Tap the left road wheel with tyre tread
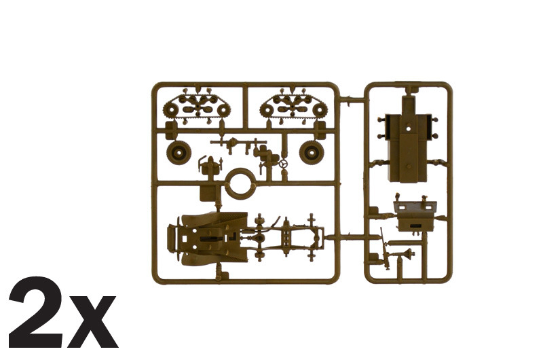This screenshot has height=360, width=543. point(179,152)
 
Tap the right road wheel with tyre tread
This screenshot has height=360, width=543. point(312,152)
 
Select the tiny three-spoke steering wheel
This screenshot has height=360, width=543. point(284,164)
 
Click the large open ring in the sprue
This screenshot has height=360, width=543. point(240,170)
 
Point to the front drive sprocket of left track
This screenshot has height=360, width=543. point(171,110)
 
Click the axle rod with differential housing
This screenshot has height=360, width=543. point(239,143)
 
